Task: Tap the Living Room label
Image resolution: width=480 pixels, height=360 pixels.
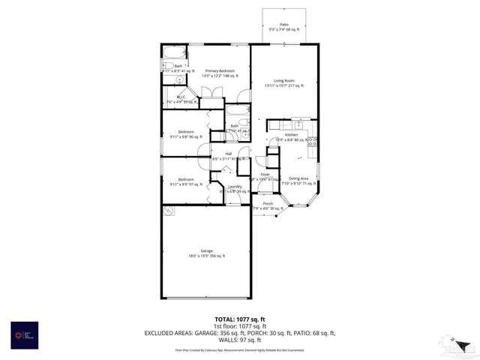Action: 283,83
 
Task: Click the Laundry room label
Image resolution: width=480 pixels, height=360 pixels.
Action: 235,189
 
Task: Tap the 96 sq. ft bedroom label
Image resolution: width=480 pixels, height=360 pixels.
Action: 186,134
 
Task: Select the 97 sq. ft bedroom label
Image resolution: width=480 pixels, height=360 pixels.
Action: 186,181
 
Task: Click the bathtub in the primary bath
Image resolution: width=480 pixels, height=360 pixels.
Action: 174,54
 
